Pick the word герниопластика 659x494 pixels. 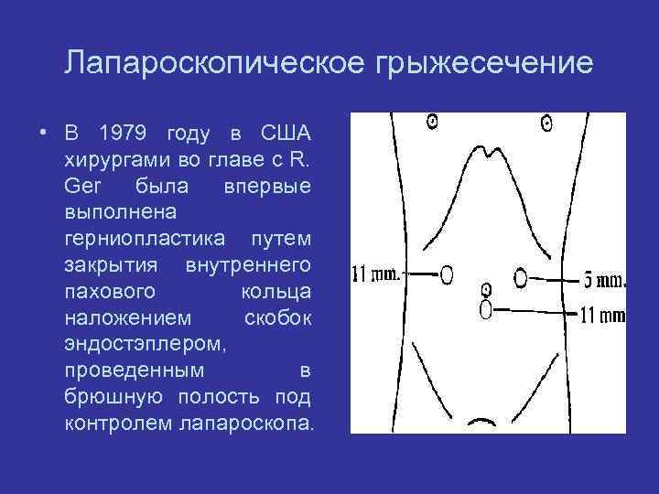pos(146,239)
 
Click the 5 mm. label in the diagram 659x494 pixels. pos(604,278)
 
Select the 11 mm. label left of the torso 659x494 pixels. pos(376,274)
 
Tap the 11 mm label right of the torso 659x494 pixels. pos(603,316)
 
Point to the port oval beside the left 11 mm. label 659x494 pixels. pos(447,274)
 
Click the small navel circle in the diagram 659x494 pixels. pos(488,287)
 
